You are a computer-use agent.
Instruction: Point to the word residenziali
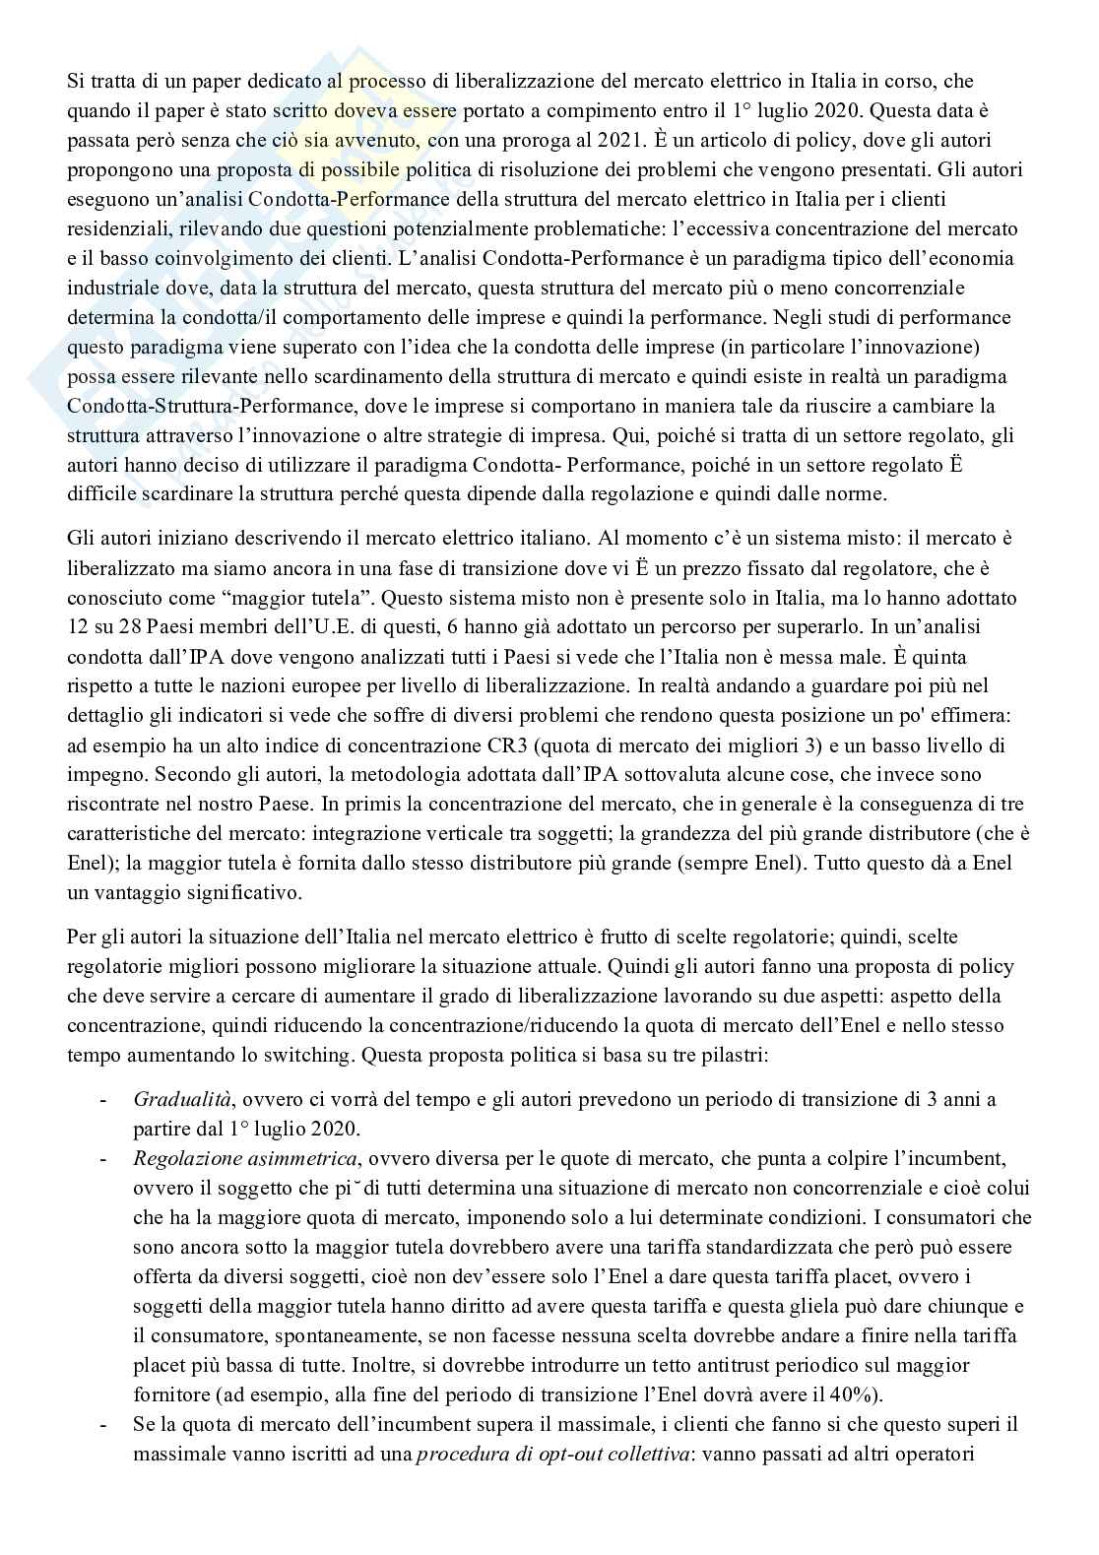(x=112, y=229)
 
